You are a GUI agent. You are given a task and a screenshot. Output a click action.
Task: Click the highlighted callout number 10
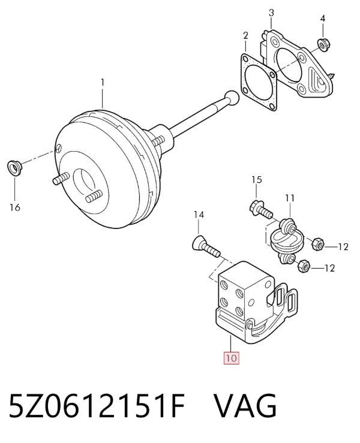(x=232, y=358)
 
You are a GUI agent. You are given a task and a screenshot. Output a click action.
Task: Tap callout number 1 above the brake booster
(x=103, y=83)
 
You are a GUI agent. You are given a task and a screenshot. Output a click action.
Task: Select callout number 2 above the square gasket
(x=245, y=35)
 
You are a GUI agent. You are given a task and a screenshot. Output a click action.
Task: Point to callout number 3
(x=271, y=13)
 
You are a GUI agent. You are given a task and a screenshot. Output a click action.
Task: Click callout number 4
(x=323, y=19)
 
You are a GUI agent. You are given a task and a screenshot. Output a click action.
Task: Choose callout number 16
(x=15, y=207)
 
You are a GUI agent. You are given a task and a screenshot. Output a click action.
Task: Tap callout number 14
(x=199, y=215)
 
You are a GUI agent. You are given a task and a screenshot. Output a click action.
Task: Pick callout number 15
(x=257, y=179)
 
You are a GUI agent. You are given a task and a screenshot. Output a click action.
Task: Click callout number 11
(x=290, y=198)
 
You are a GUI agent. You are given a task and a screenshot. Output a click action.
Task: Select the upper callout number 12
(x=343, y=247)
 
